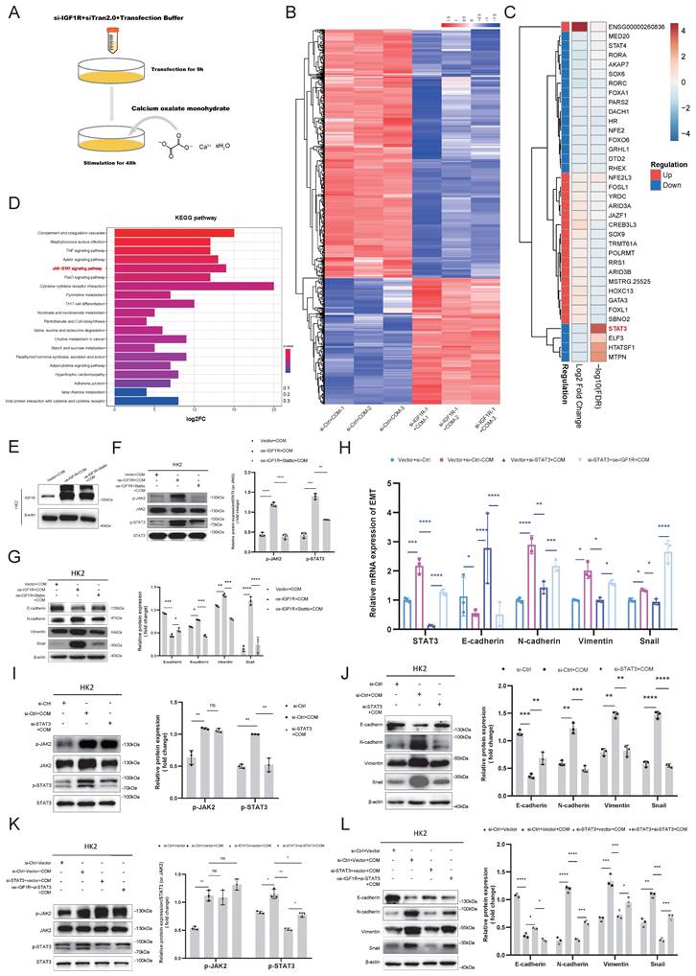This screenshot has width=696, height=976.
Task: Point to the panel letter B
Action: pos(299,10)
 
